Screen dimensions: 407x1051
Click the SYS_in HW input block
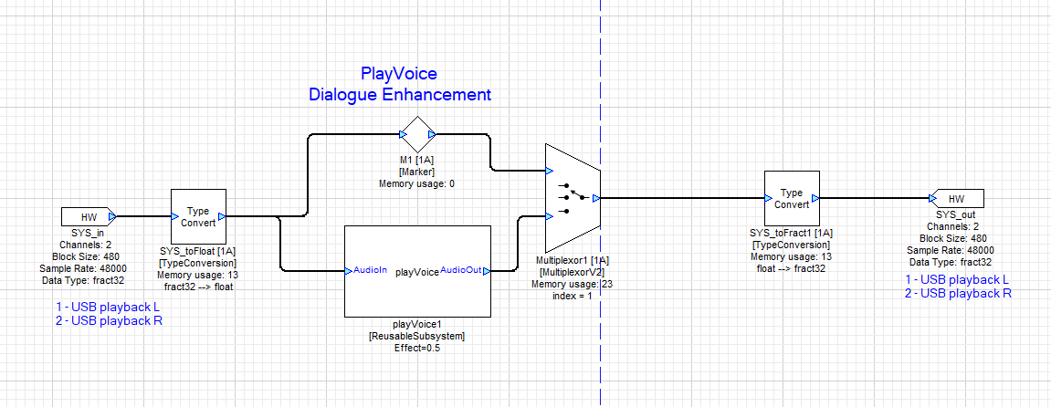click(88, 217)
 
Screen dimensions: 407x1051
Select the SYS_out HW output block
click(955, 199)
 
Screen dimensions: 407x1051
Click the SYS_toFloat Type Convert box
click(197, 216)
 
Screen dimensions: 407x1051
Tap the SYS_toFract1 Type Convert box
click(791, 198)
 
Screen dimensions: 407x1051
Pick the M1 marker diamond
click(418, 134)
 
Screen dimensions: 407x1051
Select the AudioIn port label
click(370, 271)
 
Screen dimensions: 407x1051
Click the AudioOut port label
click(461, 271)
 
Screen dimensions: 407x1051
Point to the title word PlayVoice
click(399, 74)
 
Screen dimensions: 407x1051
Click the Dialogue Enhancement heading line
click(399, 95)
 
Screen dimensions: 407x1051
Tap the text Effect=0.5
click(417, 348)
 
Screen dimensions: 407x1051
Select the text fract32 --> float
click(197, 286)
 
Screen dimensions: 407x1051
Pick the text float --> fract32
click(791, 267)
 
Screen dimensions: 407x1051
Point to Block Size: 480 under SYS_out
click(950, 238)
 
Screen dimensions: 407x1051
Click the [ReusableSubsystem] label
click(417, 336)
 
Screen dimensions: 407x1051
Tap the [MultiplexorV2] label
click(572, 273)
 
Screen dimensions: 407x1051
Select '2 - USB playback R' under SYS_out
click(957, 293)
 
